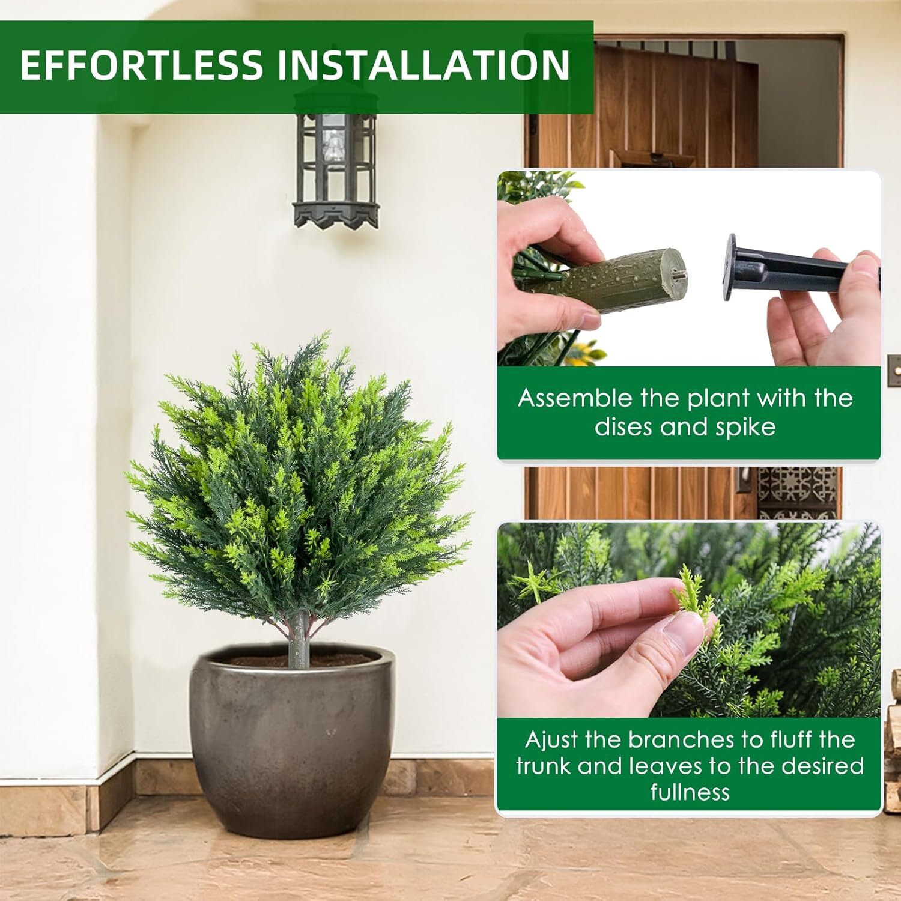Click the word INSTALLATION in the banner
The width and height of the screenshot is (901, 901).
click(x=423, y=65)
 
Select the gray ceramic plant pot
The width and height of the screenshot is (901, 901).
click(x=293, y=739)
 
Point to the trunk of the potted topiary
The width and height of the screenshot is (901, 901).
click(x=299, y=640)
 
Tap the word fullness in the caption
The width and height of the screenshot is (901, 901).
click(x=690, y=792)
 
